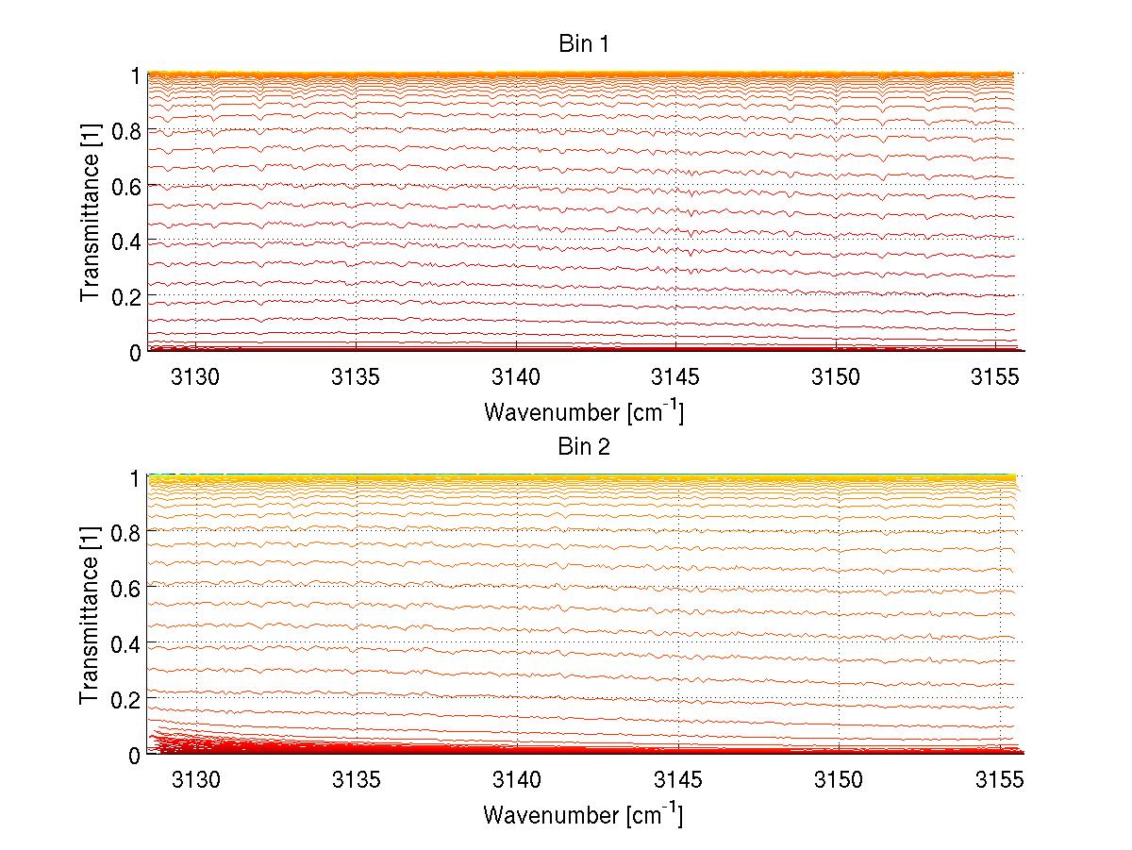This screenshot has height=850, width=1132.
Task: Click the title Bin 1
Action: coord(584,44)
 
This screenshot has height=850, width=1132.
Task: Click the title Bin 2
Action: coord(584,446)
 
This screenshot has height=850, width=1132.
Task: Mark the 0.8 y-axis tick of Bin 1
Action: coord(126,130)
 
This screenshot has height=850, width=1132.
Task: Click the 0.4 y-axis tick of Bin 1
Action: coord(126,242)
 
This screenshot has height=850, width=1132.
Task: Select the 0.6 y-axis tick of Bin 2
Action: coord(126,588)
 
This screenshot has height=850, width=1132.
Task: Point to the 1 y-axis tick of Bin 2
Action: coord(134,477)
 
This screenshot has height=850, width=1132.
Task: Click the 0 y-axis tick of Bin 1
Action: coord(134,352)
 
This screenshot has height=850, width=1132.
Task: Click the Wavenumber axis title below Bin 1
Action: coord(584,411)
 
